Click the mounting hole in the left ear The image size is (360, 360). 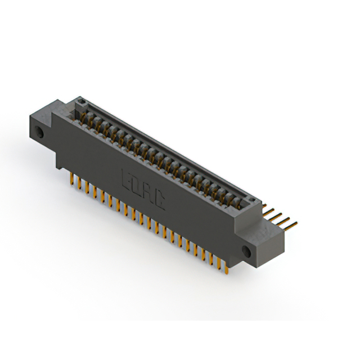pyautogui.click(x=40, y=134)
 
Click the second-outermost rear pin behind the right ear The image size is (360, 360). pyautogui.click(x=284, y=220)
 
